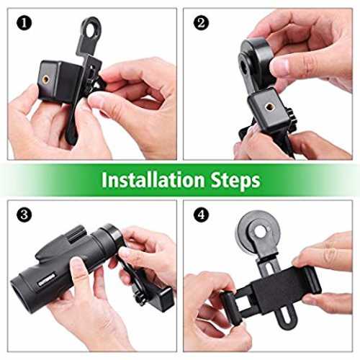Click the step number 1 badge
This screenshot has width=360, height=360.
pos(24,23)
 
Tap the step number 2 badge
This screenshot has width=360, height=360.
pos(201,23)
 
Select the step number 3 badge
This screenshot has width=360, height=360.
pos(24,215)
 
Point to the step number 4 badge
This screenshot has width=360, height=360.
pos(201,215)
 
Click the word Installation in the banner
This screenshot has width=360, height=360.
pos(153,180)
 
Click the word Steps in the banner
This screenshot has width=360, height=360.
pos(235,181)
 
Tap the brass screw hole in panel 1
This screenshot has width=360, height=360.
pos(45,78)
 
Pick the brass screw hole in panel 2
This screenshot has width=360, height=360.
pos(269,106)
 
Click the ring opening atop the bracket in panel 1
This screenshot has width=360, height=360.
pos(91,30)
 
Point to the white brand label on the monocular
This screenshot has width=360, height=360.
pos(47,279)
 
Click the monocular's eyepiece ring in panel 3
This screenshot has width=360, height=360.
pos(114,236)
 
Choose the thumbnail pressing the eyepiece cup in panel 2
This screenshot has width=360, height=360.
pos(279,65)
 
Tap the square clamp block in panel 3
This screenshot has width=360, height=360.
pos(163,299)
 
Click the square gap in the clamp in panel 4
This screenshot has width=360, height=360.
pos(243,301)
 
